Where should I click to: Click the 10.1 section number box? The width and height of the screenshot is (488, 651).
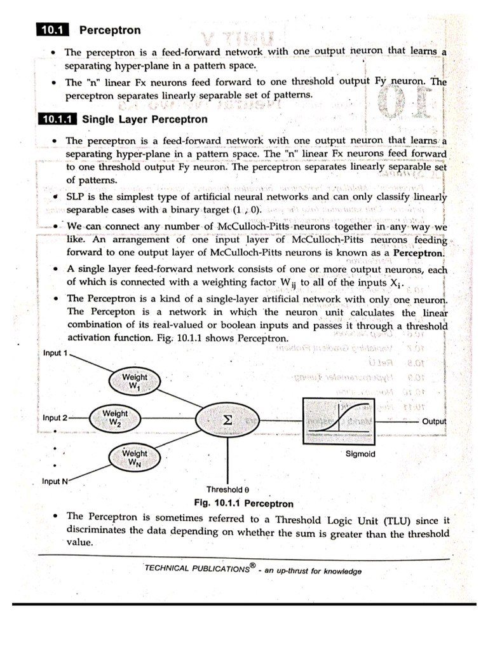tap(55, 30)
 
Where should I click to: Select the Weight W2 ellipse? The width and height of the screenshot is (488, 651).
tap(115, 418)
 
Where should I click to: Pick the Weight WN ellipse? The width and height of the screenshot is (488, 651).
tap(134, 458)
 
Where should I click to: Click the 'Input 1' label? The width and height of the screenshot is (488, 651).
tap(55, 353)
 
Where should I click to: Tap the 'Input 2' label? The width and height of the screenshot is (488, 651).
tap(55, 418)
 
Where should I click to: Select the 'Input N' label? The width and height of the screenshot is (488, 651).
tap(55, 481)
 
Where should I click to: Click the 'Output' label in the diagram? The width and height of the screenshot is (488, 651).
tap(434, 421)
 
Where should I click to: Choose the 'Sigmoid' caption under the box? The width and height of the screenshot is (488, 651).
tap(360, 454)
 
